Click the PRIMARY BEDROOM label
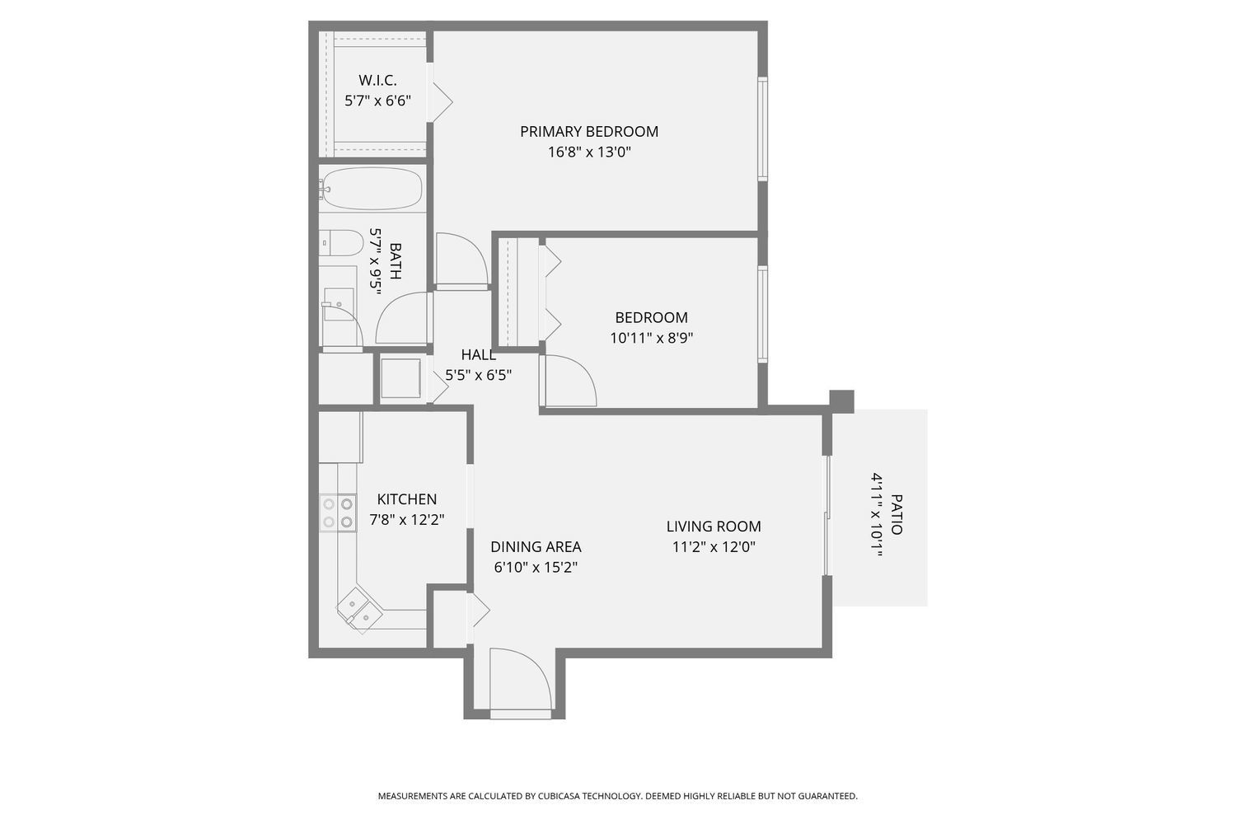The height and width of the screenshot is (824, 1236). pos(588,131)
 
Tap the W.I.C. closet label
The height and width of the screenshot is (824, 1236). pos(377,81)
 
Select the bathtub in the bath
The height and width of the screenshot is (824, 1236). pos(372,189)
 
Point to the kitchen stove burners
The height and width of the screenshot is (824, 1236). pos(337,513)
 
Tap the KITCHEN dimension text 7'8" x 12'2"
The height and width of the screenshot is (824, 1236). pos(407,520)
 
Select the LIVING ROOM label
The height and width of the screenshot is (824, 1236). pos(714,527)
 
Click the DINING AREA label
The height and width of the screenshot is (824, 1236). pos(536,547)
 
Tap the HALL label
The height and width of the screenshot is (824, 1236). pos(478,355)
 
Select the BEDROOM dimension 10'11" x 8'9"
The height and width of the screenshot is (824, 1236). pos(651,338)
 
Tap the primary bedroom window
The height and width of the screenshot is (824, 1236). pos(762,129)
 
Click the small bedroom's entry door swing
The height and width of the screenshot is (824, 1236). pos(569,381)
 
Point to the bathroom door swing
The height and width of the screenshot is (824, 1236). pos(404,319)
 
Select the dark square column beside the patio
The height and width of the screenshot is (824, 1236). pos(841,401)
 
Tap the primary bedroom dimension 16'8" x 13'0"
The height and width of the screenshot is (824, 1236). pos(588,152)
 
